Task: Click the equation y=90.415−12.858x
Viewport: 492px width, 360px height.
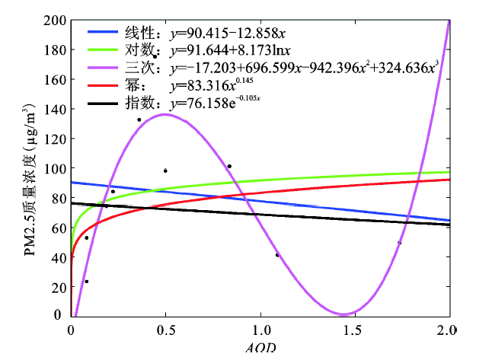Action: point(228,33)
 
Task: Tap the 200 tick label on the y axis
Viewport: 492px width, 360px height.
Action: point(54,21)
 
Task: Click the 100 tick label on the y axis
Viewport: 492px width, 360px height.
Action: point(54,168)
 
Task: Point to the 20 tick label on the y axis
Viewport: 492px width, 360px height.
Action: point(57,287)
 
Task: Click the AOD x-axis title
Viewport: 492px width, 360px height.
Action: point(261,349)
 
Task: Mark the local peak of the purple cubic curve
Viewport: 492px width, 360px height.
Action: point(165,114)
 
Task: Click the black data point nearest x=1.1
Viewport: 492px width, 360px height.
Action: point(277,255)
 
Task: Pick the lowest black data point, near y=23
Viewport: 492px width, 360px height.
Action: point(86,282)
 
